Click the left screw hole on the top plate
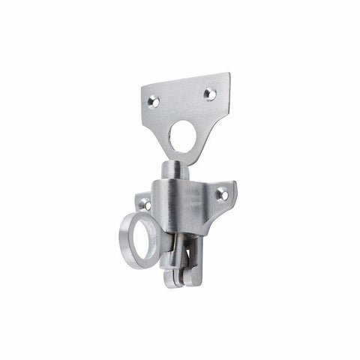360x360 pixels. click(154, 100)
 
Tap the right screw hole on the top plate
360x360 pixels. click(210, 94)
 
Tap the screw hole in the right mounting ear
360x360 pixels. click(223, 195)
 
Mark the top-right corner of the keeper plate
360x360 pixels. click(229, 73)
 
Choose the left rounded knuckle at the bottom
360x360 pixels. click(171, 280)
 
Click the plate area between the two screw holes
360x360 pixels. click(182, 97)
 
